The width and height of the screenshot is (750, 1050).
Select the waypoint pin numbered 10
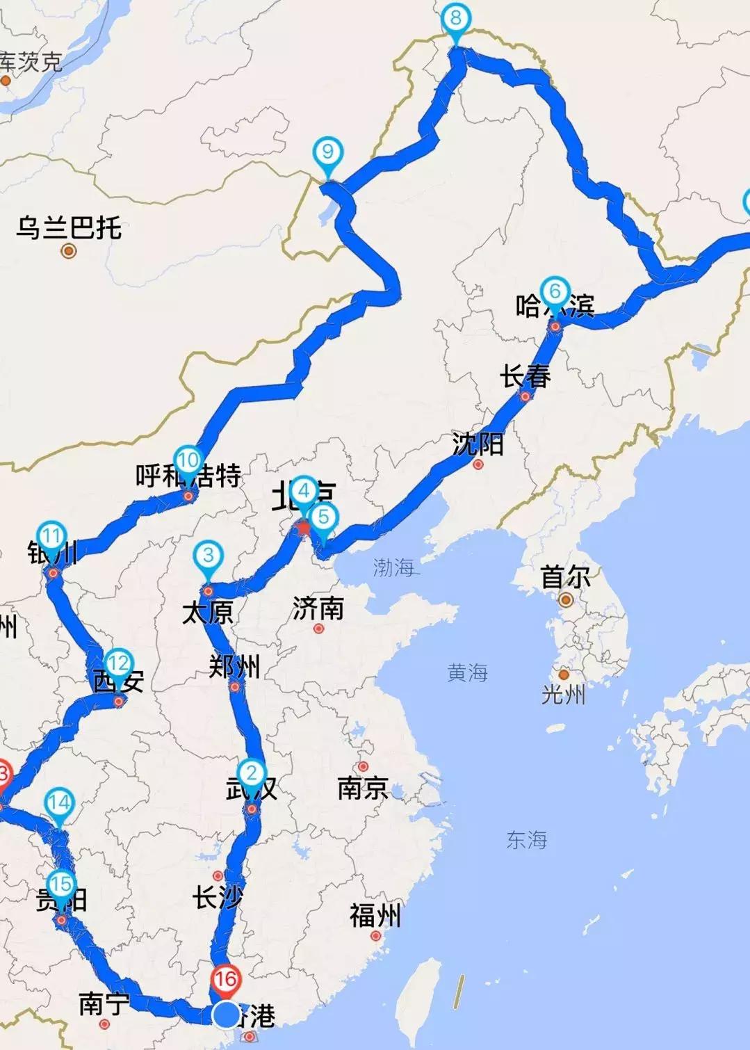click(188, 461)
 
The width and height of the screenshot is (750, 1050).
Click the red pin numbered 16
click(226, 980)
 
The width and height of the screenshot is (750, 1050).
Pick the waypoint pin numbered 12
click(117, 664)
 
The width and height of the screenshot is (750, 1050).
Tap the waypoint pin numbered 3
click(208, 556)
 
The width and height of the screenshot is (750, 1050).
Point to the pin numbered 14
click(59, 804)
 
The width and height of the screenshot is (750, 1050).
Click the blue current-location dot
click(226, 1015)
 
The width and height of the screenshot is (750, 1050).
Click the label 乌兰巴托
click(69, 227)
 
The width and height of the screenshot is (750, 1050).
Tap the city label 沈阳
click(478, 444)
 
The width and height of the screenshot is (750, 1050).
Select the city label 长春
click(525, 376)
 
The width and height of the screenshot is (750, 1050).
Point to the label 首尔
click(565, 576)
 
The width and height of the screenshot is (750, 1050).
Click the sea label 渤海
click(393, 567)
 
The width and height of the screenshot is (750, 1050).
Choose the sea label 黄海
click(467, 672)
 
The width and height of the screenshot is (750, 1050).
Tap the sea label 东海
click(526, 840)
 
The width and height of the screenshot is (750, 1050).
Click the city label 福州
click(375, 916)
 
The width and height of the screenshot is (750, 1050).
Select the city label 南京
click(362, 788)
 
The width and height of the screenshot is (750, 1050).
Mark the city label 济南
click(318, 608)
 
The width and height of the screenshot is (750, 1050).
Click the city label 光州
click(563, 694)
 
